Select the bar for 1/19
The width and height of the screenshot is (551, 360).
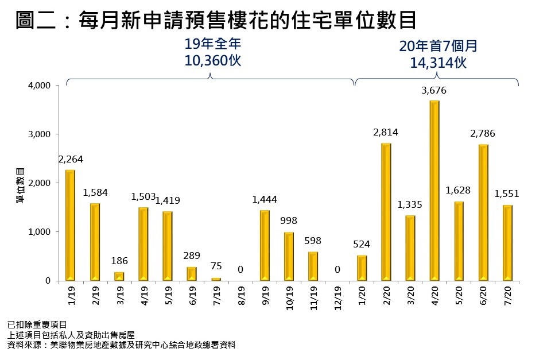coord(70,225)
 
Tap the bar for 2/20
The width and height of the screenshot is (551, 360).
coord(386,212)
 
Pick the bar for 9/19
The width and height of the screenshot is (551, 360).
coord(265,245)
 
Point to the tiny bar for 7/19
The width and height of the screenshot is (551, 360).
coord(216,279)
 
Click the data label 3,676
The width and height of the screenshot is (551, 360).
coord(434,90)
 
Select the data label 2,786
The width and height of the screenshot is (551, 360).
coord(483,134)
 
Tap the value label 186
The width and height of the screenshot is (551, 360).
coord(119,261)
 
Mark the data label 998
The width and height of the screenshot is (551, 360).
coord(289,221)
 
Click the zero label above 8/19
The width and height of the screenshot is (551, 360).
coord(240,269)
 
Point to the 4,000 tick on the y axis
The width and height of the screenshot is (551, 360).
coord(41,86)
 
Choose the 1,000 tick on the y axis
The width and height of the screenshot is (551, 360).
coord(41,232)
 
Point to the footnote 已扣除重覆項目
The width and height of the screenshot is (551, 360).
coord(37,325)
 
